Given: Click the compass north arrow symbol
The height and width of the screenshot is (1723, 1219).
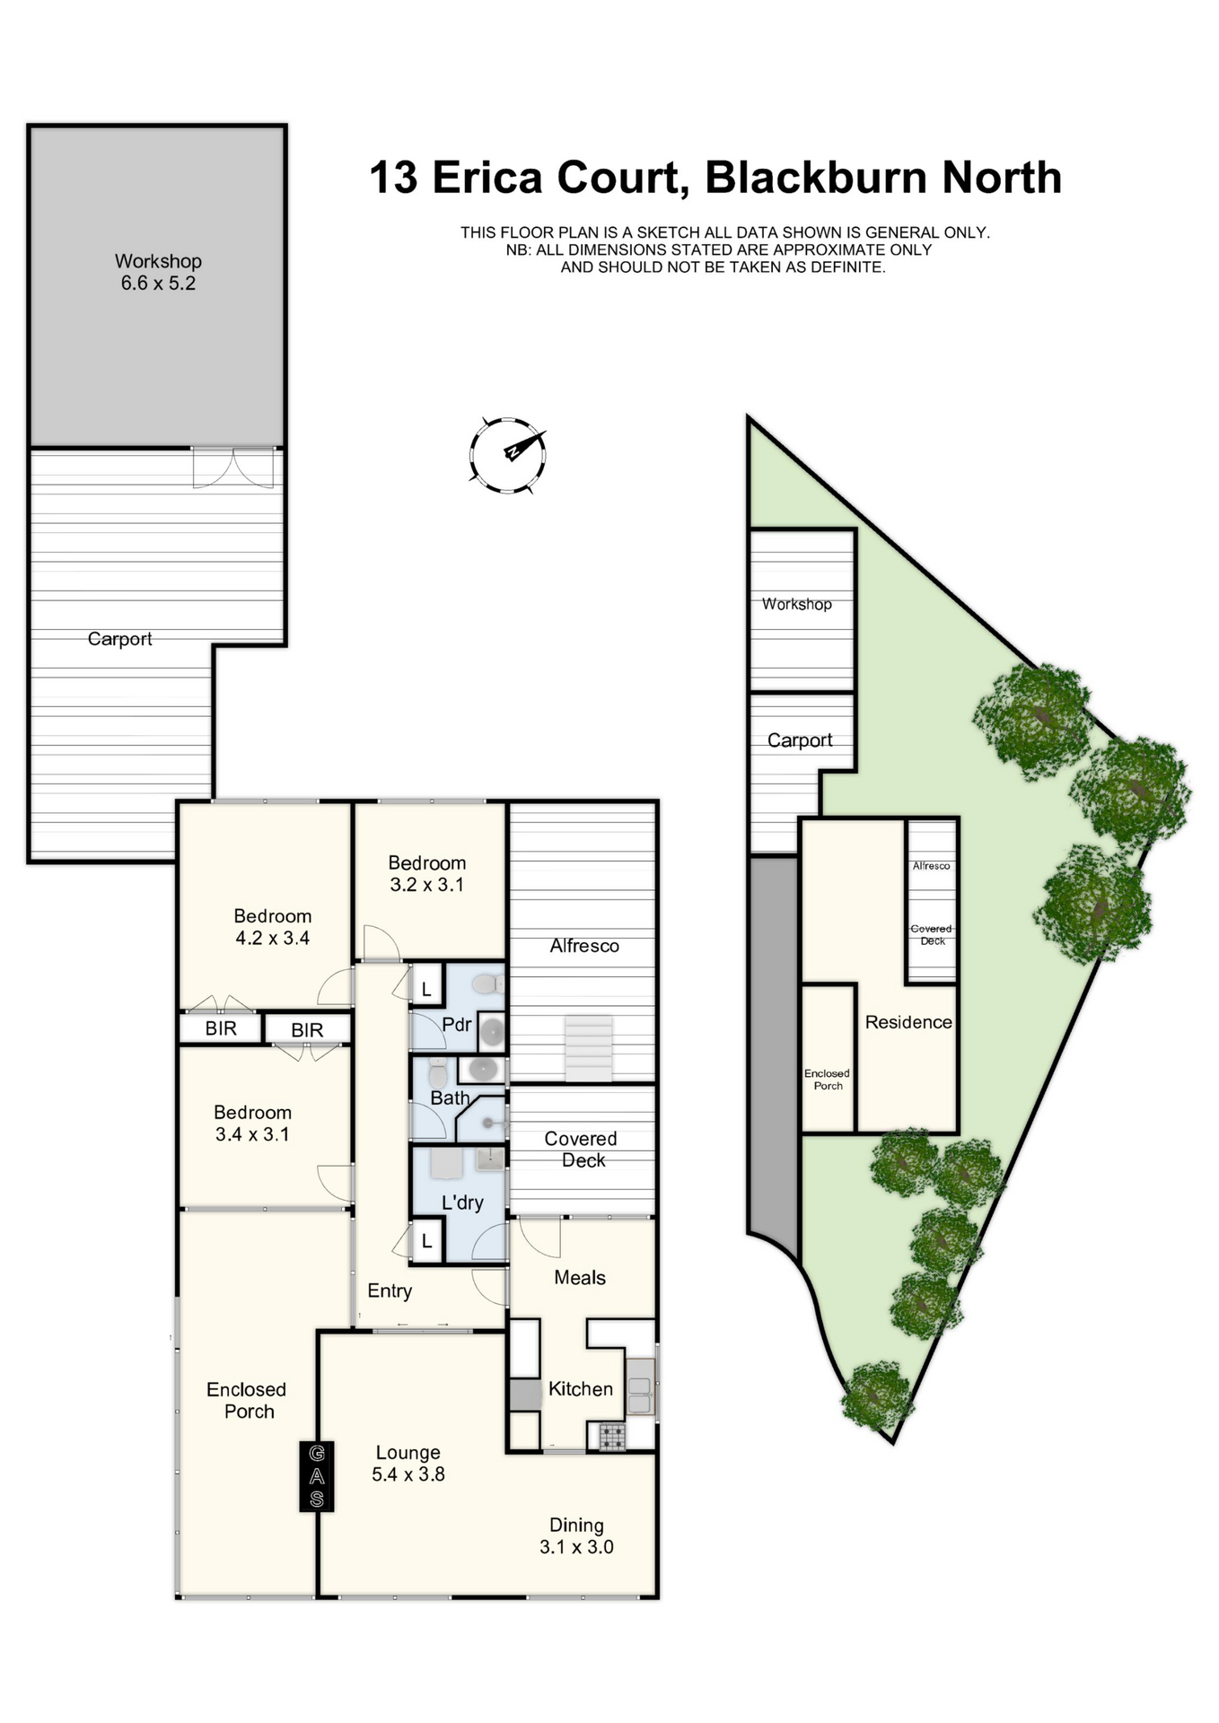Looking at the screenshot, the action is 507,455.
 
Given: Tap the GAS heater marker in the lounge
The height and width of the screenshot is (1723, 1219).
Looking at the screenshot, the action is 317,1476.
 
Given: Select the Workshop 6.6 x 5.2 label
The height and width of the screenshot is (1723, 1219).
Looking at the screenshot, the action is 158,272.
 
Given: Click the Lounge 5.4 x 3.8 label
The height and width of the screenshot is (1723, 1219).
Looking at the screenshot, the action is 408,1463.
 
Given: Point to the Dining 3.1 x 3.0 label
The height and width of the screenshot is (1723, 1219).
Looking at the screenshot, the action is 576,1535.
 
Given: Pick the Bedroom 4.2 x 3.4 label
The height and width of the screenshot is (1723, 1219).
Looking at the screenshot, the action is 272,927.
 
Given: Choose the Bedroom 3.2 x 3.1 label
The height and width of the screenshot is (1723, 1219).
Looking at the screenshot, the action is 426,873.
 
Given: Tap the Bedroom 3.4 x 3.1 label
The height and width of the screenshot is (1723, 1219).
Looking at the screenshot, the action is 252,1123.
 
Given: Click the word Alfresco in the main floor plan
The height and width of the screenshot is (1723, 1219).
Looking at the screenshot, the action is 584,946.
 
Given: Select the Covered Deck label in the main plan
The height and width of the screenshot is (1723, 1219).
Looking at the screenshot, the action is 581,1150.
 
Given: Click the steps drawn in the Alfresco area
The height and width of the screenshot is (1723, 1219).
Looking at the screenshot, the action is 589,1048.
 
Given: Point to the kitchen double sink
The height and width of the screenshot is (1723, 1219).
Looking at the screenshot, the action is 640,1386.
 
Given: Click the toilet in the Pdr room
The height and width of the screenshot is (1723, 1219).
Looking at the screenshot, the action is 488,984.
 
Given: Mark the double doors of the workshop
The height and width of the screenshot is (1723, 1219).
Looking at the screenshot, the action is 233,468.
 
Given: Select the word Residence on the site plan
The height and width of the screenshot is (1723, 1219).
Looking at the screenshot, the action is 908,1022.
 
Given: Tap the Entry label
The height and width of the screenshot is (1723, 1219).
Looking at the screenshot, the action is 390,1291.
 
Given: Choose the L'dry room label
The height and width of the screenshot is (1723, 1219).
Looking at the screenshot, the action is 462,1203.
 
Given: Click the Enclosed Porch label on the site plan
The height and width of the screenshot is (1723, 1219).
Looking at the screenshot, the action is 827,1080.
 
